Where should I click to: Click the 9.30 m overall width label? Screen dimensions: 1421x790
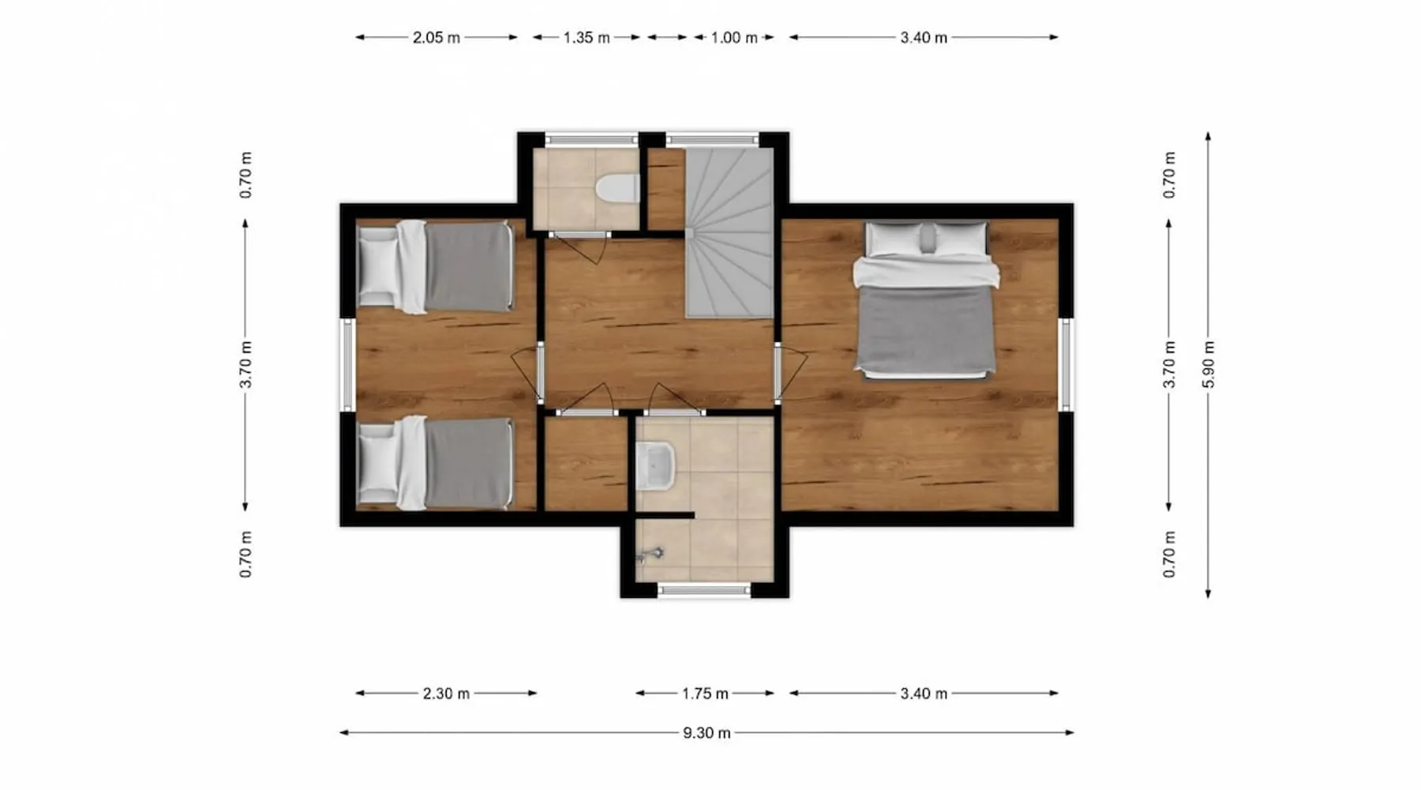707,733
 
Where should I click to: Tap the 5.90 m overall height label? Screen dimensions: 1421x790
1208,364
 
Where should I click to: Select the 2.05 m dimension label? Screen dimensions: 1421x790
436,37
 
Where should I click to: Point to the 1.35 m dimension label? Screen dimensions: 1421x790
586,37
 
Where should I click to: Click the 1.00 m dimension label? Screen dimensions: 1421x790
734,37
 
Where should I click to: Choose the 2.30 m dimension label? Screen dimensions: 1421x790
446,694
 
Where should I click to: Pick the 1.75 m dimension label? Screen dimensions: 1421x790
705,694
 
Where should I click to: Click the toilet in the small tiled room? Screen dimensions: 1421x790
617,190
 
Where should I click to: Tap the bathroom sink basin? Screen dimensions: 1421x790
655,465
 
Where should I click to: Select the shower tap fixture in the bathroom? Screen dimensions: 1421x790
650,555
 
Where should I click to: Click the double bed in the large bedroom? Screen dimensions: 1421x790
925,300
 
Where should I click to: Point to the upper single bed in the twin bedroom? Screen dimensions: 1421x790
435,267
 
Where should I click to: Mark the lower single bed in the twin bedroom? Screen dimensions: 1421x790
435,463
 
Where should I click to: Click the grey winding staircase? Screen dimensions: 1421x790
729,233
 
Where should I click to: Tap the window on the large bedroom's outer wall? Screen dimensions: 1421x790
1066,364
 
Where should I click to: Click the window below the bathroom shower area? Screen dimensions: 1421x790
704,589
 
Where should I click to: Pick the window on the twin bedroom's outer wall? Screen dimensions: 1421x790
347,364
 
